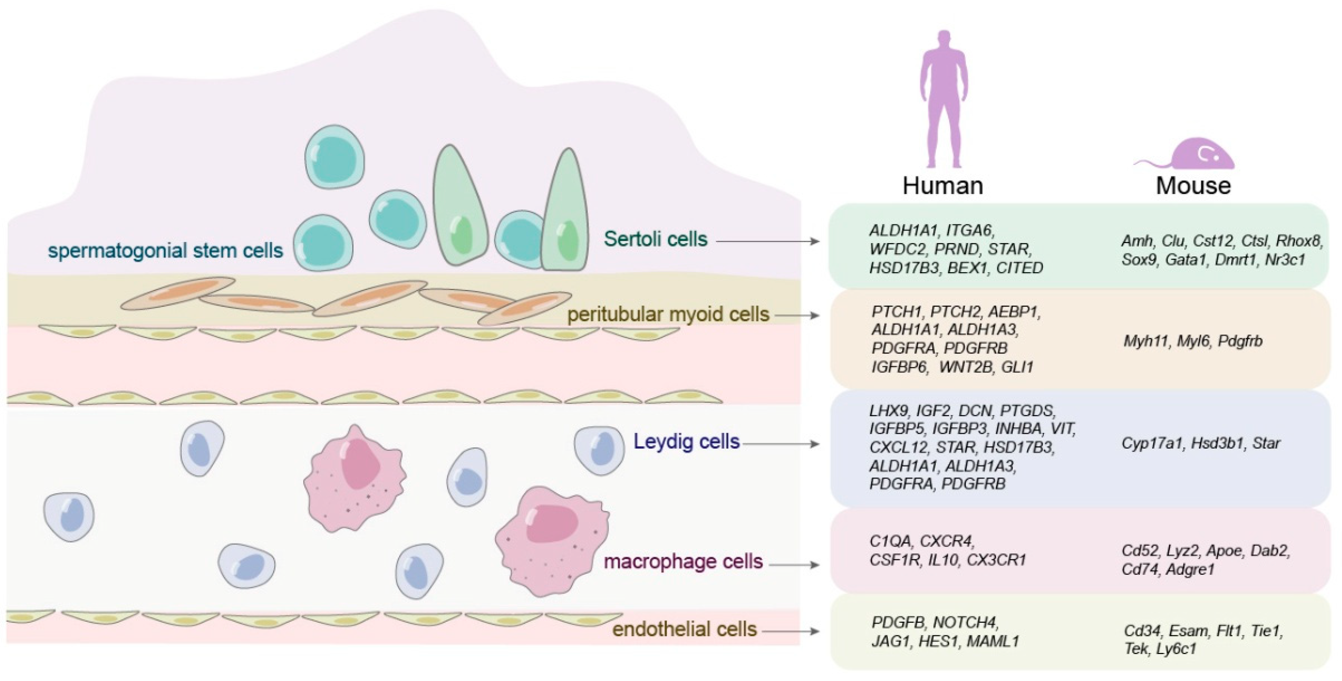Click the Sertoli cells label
coord(655,239)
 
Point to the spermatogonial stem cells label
coord(166,251)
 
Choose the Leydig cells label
coord(686,442)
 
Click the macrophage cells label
coord(683,562)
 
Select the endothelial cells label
coord(684,629)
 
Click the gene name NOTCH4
coord(965,623)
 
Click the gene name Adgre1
coord(1190,569)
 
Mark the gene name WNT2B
coord(966,367)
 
